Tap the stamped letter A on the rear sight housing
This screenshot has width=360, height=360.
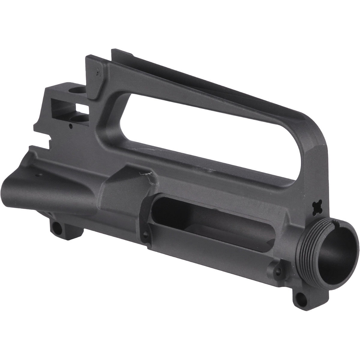point(97,72)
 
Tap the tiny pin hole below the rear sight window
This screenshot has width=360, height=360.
point(70,126)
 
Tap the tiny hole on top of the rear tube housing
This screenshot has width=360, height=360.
point(38,173)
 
